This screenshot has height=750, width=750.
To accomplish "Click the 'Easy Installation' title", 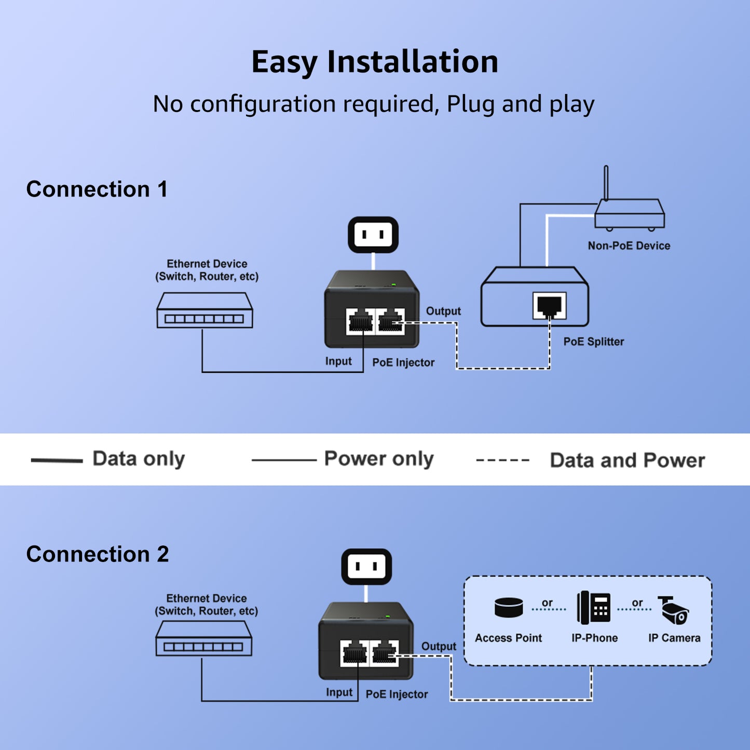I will click(375, 62).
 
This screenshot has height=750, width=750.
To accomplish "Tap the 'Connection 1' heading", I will click(97, 189).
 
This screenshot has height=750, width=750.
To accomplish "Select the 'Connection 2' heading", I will click(98, 554).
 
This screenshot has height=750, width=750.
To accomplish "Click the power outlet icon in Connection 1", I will click(373, 235).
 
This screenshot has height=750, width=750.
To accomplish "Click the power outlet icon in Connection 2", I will click(366, 566).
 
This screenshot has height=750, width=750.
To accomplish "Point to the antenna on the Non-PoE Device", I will click(606, 182).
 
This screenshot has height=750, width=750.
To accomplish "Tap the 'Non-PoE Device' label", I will click(629, 246).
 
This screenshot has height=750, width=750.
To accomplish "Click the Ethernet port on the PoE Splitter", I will click(549, 306).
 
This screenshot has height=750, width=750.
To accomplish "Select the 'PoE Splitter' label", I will click(593, 342).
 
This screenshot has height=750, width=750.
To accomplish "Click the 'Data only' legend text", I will click(139, 459).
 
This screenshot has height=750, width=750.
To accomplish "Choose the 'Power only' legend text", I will click(378, 459).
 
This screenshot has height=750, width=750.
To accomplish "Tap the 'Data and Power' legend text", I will click(627, 460).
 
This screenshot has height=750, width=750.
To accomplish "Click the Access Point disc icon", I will click(509, 607).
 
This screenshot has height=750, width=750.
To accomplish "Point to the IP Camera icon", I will click(674, 610).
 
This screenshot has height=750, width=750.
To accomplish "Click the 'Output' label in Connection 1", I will click(443, 311).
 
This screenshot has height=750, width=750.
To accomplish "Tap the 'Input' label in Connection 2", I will click(339, 692).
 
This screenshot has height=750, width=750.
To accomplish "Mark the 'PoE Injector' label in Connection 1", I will click(403, 362).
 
